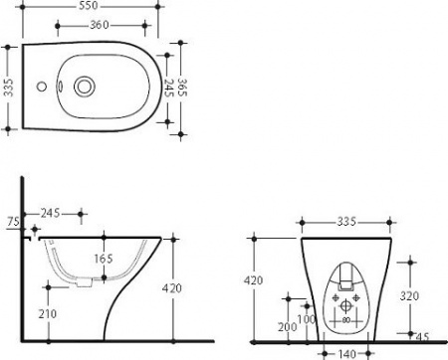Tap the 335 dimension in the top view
coord(8,88)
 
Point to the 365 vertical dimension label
coord(183,87)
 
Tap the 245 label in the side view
coord(51,213)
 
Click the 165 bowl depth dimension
coord(103,259)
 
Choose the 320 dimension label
coord(408,295)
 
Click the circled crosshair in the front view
coord(345,306)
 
